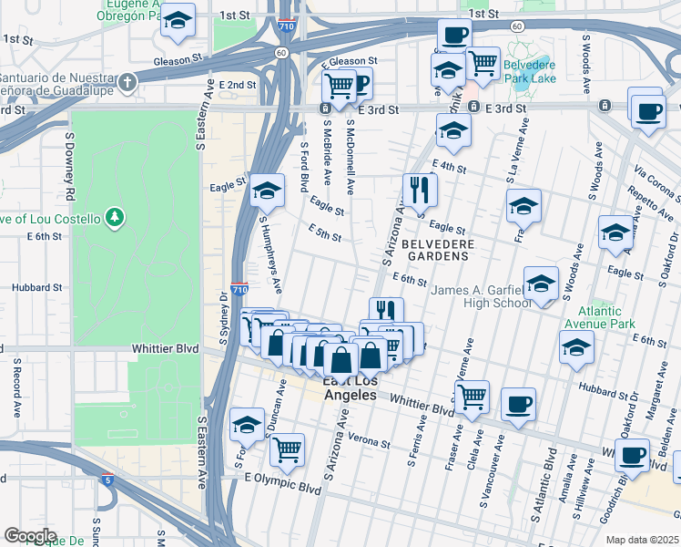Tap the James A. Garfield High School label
480,296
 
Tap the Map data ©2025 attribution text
643,541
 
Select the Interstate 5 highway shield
107,479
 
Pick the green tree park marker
115,217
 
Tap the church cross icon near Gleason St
128,82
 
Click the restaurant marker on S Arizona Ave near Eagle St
420,190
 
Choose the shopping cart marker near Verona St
287,449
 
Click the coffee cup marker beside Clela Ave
518,404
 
